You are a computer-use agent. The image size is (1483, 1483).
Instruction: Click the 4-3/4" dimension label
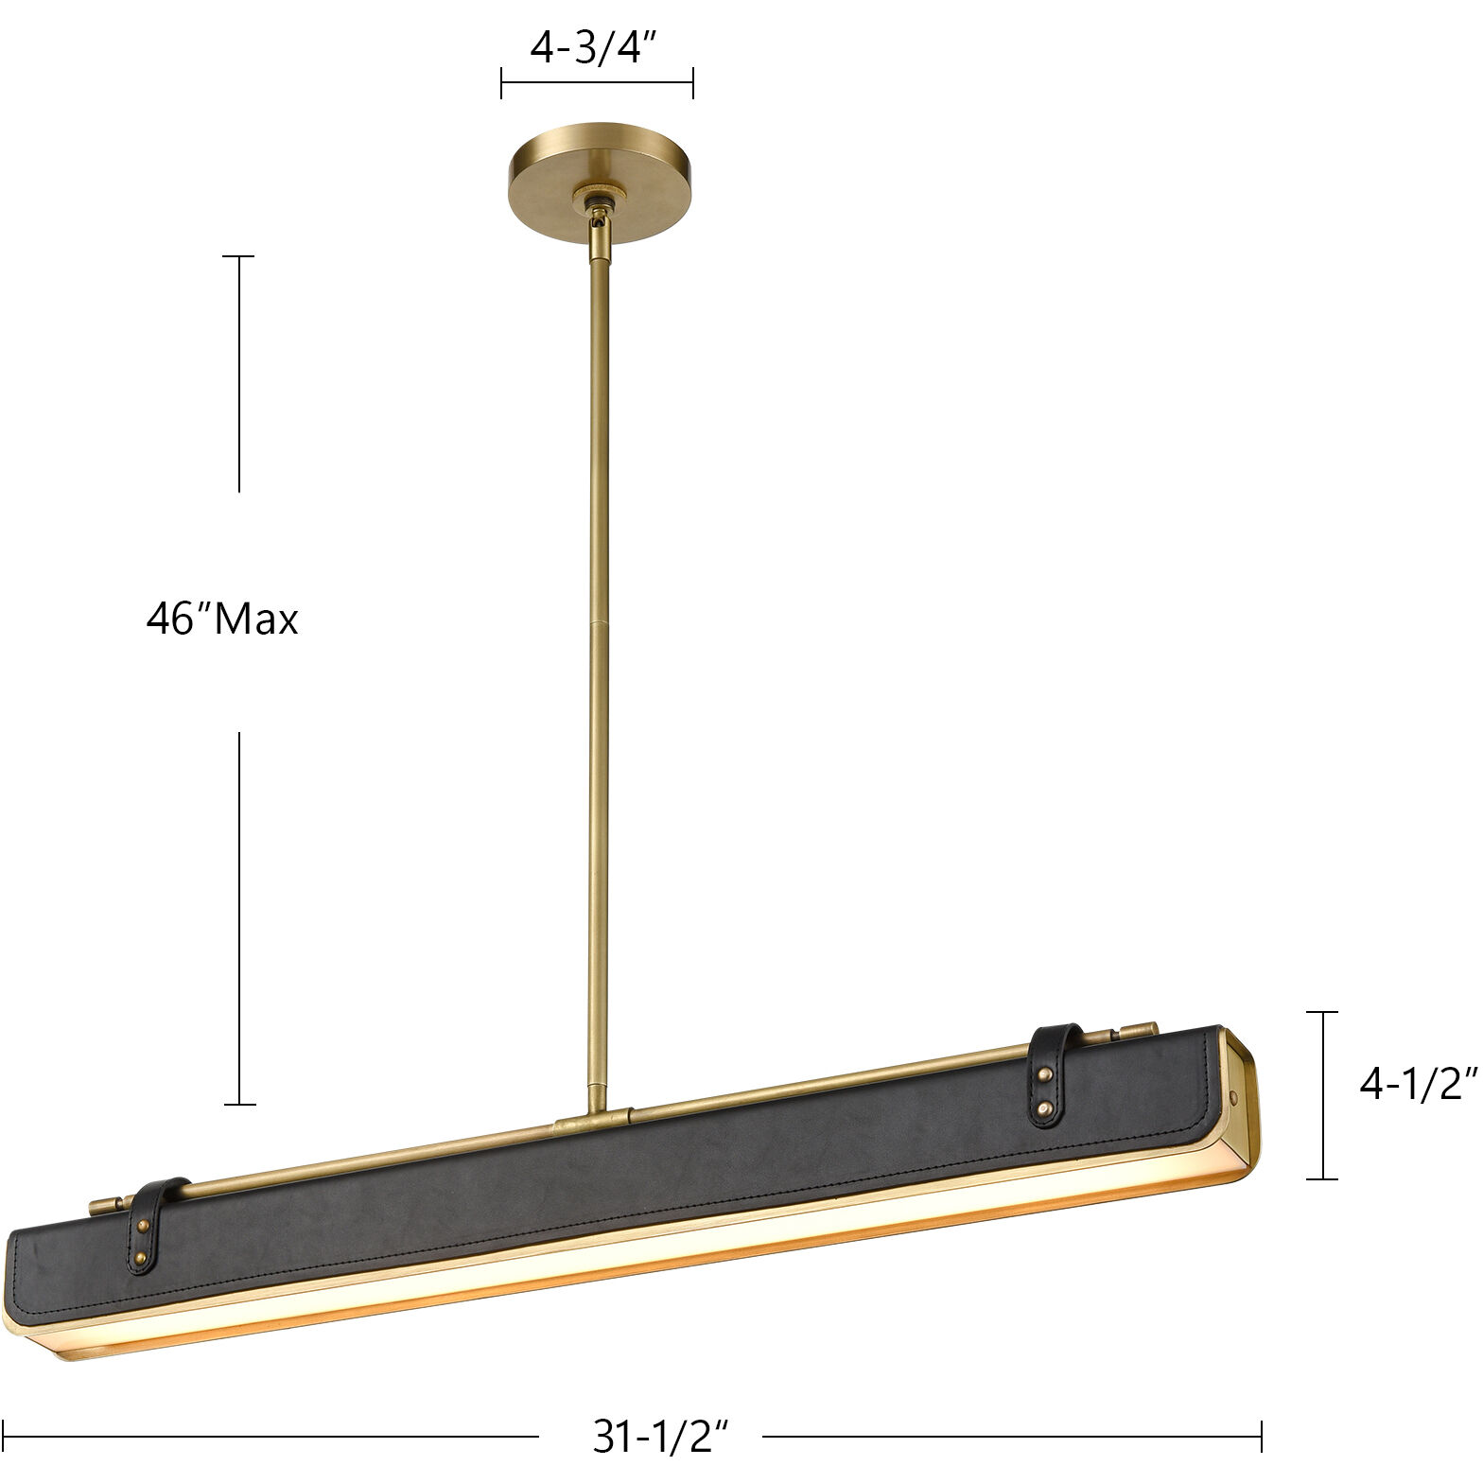(593, 48)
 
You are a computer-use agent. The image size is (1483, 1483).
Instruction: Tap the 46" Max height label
(222, 620)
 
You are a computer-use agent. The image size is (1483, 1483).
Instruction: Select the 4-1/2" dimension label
(1417, 1086)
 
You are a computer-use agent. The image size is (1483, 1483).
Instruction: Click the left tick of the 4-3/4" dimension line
(501, 83)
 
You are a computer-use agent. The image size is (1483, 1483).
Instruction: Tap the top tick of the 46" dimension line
(238, 256)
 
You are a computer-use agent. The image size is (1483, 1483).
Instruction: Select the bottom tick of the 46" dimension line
(238, 1104)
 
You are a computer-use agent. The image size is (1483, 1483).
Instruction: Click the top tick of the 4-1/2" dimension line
(1321, 1012)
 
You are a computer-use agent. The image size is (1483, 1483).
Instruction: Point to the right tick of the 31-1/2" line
(1262, 1437)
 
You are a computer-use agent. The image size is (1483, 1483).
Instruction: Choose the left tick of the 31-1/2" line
(5, 1437)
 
